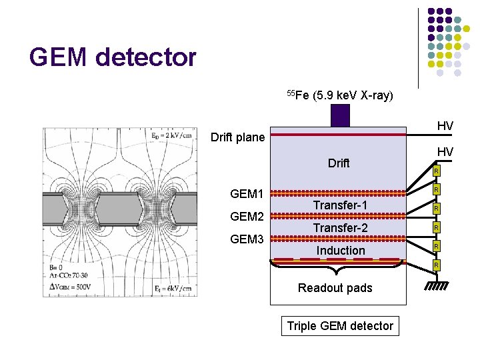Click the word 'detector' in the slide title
coord(146,57)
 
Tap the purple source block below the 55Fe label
coord(340,115)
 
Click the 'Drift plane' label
coord(237,138)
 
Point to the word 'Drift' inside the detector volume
coord(339,163)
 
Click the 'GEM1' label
coord(247,195)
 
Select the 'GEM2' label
coord(247,217)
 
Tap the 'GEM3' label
coord(247,239)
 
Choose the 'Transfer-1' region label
coord(340,205)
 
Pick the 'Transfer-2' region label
coord(340,228)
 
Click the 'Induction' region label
coord(341,251)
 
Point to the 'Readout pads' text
coord(335,288)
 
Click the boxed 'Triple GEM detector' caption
coord(340,326)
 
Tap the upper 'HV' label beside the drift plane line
coord(445,126)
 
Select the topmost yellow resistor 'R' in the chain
coord(436,172)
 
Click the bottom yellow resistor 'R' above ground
coord(436,266)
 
